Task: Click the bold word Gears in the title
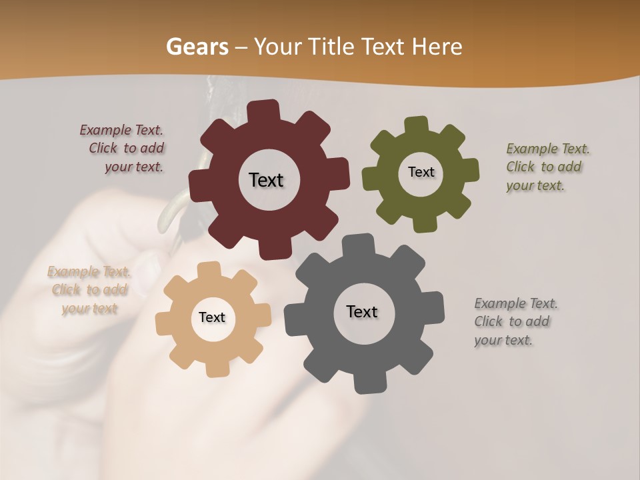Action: pos(197,47)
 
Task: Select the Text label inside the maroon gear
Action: pos(266,180)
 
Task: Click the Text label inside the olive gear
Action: pos(421,172)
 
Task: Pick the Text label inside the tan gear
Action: pos(212,317)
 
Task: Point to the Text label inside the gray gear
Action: pos(362,311)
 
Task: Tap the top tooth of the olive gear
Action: pos(416,125)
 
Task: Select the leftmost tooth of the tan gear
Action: pos(164,323)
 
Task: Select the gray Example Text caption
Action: pos(515,321)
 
